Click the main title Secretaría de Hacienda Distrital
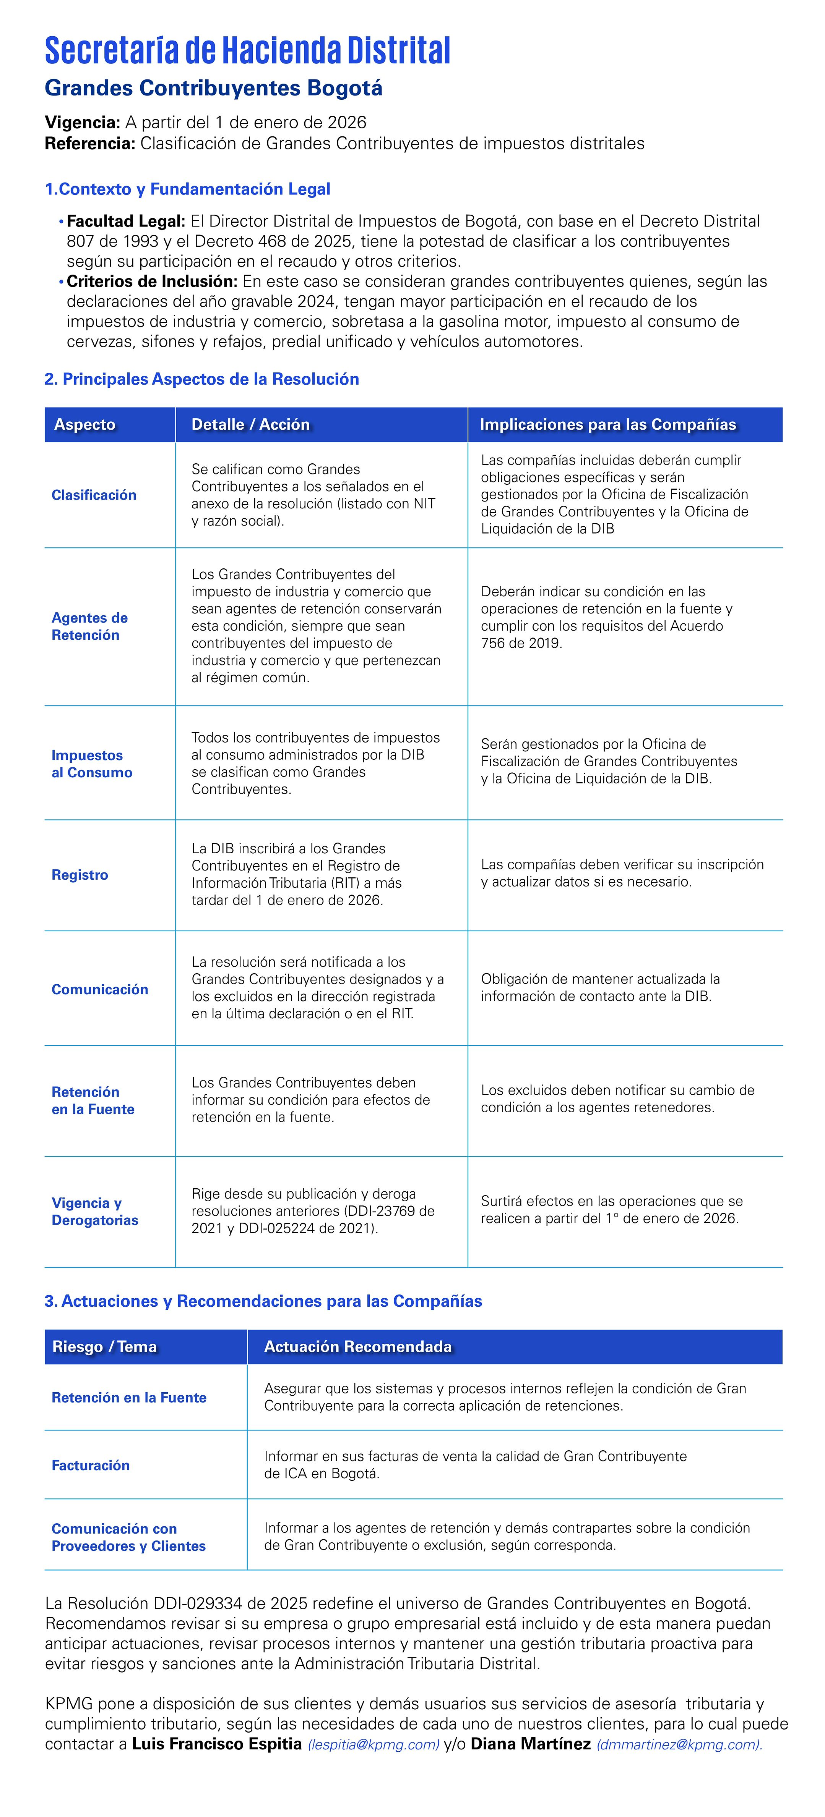pyautogui.click(x=247, y=51)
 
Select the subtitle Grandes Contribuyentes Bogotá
pyautogui.click(x=213, y=89)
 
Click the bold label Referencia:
pyautogui.click(x=89, y=144)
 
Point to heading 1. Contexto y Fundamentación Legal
pyautogui.click(x=188, y=189)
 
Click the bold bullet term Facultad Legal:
pyautogui.click(x=126, y=222)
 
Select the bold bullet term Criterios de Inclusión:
pyautogui.click(x=152, y=282)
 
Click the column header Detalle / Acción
pyautogui.click(x=250, y=425)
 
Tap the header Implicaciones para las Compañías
pyautogui.click(x=607, y=425)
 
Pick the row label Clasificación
pyautogui.click(x=94, y=495)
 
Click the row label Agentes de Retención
pyautogui.click(x=89, y=626)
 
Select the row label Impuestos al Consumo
pyautogui.click(x=92, y=764)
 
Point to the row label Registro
pyautogui.click(x=80, y=875)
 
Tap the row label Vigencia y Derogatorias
pyautogui.click(x=94, y=1212)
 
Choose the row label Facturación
pyautogui.click(x=90, y=1465)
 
